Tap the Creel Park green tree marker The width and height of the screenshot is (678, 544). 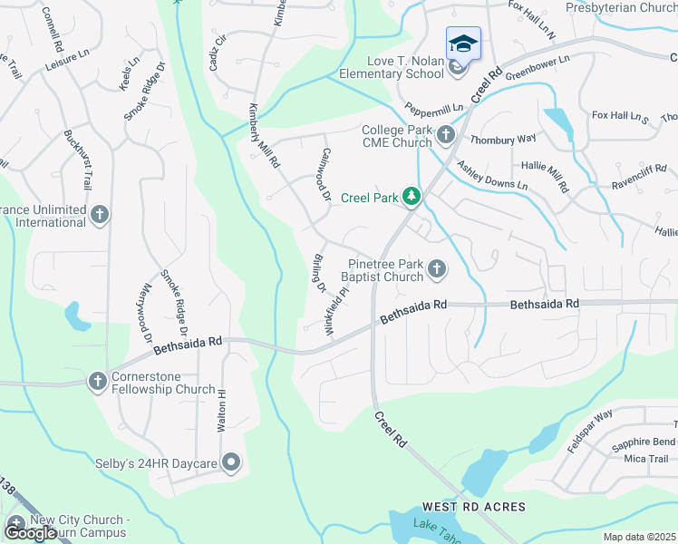click(x=412, y=197)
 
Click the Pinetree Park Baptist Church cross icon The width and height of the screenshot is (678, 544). click(x=437, y=268)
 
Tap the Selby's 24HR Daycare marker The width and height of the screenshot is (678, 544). click(x=231, y=463)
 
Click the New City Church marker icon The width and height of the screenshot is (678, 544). click(x=16, y=525)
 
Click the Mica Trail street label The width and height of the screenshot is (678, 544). click(x=646, y=459)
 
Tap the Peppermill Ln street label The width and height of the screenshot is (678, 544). click(x=434, y=108)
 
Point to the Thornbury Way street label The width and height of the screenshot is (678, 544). click(x=503, y=140)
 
